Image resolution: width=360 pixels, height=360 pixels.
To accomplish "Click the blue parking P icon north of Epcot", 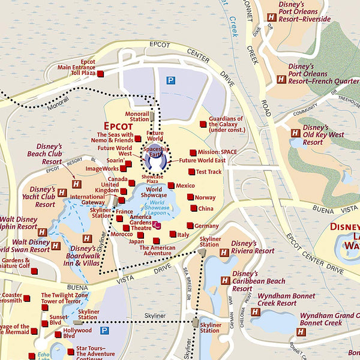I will coord(171,80).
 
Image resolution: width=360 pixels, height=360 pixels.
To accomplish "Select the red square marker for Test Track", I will coord(191,172).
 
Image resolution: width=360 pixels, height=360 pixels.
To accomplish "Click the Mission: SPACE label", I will coord(217,152).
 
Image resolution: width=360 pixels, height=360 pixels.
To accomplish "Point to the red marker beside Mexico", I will coord(171,185).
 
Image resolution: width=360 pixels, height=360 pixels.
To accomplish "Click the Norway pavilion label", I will coord(205,197).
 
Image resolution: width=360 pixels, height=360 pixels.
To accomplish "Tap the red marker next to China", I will coord(193,209).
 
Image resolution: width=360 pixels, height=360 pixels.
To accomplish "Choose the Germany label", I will coord(206,226).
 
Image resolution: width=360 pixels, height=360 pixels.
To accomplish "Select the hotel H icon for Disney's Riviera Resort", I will coord(224,253).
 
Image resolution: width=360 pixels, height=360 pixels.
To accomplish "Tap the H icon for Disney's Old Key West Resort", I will coord(295,134).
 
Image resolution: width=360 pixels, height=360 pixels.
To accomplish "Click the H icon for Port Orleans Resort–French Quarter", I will coord(281,79).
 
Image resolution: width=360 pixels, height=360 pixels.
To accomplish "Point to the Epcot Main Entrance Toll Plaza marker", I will coord(100,73).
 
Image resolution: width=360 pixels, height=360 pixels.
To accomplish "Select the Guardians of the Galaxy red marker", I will coord(203,124).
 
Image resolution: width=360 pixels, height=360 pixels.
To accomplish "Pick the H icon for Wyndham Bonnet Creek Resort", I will coord(256,312).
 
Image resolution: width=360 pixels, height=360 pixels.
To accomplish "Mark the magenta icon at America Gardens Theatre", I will coord(156,225).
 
